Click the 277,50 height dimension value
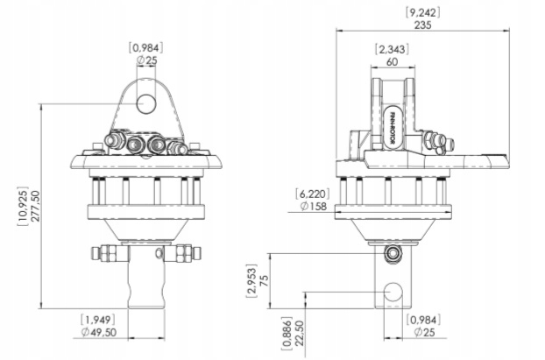point(35,206)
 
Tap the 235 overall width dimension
point(422,25)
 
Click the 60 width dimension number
point(392,62)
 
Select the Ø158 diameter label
point(314,207)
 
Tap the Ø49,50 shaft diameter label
point(99,332)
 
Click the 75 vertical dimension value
point(264,280)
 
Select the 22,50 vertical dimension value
point(299,333)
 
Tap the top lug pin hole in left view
point(146,104)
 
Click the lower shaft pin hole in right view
point(393,292)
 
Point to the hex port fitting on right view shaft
point(393,253)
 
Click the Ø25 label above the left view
point(146,60)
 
